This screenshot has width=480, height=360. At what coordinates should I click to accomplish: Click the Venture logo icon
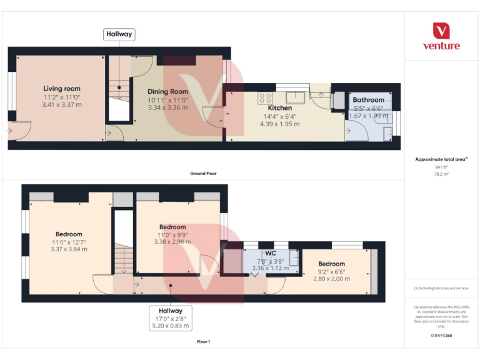(x=441, y=31)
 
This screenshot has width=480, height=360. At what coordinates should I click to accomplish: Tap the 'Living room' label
(x=62, y=89)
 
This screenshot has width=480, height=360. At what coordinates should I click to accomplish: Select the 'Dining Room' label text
(x=167, y=91)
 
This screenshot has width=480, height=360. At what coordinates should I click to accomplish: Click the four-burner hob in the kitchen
(x=265, y=97)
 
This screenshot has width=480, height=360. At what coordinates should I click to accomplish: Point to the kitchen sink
(x=295, y=97)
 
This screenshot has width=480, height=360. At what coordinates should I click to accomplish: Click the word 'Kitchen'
(x=279, y=108)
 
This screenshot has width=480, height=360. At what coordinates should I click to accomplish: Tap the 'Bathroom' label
(x=368, y=100)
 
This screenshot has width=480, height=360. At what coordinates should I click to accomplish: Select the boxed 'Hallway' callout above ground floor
(x=119, y=34)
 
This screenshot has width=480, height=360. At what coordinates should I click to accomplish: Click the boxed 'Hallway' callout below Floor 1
(x=171, y=311)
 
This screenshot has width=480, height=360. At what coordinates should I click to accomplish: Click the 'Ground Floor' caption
(x=203, y=173)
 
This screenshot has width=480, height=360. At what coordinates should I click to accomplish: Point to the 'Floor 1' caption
(x=203, y=342)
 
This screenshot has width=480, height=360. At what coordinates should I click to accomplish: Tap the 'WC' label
(x=271, y=253)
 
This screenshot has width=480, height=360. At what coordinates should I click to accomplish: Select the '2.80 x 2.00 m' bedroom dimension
(x=331, y=279)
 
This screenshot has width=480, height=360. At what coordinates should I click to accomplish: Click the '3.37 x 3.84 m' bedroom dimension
(x=69, y=249)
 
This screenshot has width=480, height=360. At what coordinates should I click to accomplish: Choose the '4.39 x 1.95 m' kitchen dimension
(x=279, y=124)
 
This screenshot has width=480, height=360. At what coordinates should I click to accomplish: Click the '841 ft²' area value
(x=441, y=167)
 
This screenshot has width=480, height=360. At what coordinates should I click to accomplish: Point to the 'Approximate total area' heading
(x=441, y=159)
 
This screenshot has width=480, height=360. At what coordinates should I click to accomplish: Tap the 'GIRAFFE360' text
(x=441, y=336)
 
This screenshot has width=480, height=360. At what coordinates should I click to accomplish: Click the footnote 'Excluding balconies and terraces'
(x=441, y=288)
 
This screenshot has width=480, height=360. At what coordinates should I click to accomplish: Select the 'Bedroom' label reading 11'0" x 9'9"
(x=172, y=227)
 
